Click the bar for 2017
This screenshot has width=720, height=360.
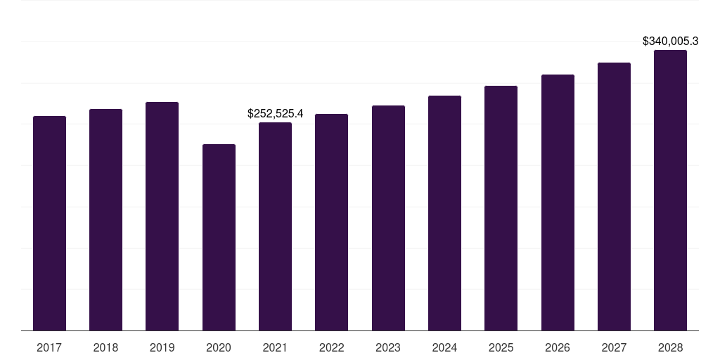coord(49,224)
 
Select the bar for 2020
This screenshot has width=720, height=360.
coord(219,238)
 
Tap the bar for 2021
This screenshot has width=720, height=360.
coord(275,226)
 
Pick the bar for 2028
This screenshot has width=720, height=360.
coord(670,191)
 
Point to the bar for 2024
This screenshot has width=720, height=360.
coord(444,213)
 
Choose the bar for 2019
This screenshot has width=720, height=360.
coord(162,217)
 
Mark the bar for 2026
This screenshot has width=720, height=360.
coord(558,202)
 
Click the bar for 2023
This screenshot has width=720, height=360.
coord(388,218)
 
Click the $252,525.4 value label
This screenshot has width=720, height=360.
coord(275,113)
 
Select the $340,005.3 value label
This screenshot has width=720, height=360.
coord(670,41)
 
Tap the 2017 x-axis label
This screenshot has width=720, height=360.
coord(49,347)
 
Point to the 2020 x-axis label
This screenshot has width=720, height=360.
coord(219,347)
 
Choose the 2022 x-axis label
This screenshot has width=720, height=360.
coord(331,347)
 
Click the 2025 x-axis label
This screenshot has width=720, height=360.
coord(501,347)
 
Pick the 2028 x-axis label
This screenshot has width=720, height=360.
coord(670,347)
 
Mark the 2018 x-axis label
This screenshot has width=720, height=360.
coord(105,347)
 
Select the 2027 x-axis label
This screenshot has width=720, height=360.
coord(614,347)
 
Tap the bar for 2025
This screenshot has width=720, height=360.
coord(501,208)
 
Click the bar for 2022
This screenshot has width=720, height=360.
coord(331,222)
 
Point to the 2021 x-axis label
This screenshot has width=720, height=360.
coord(275,347)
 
